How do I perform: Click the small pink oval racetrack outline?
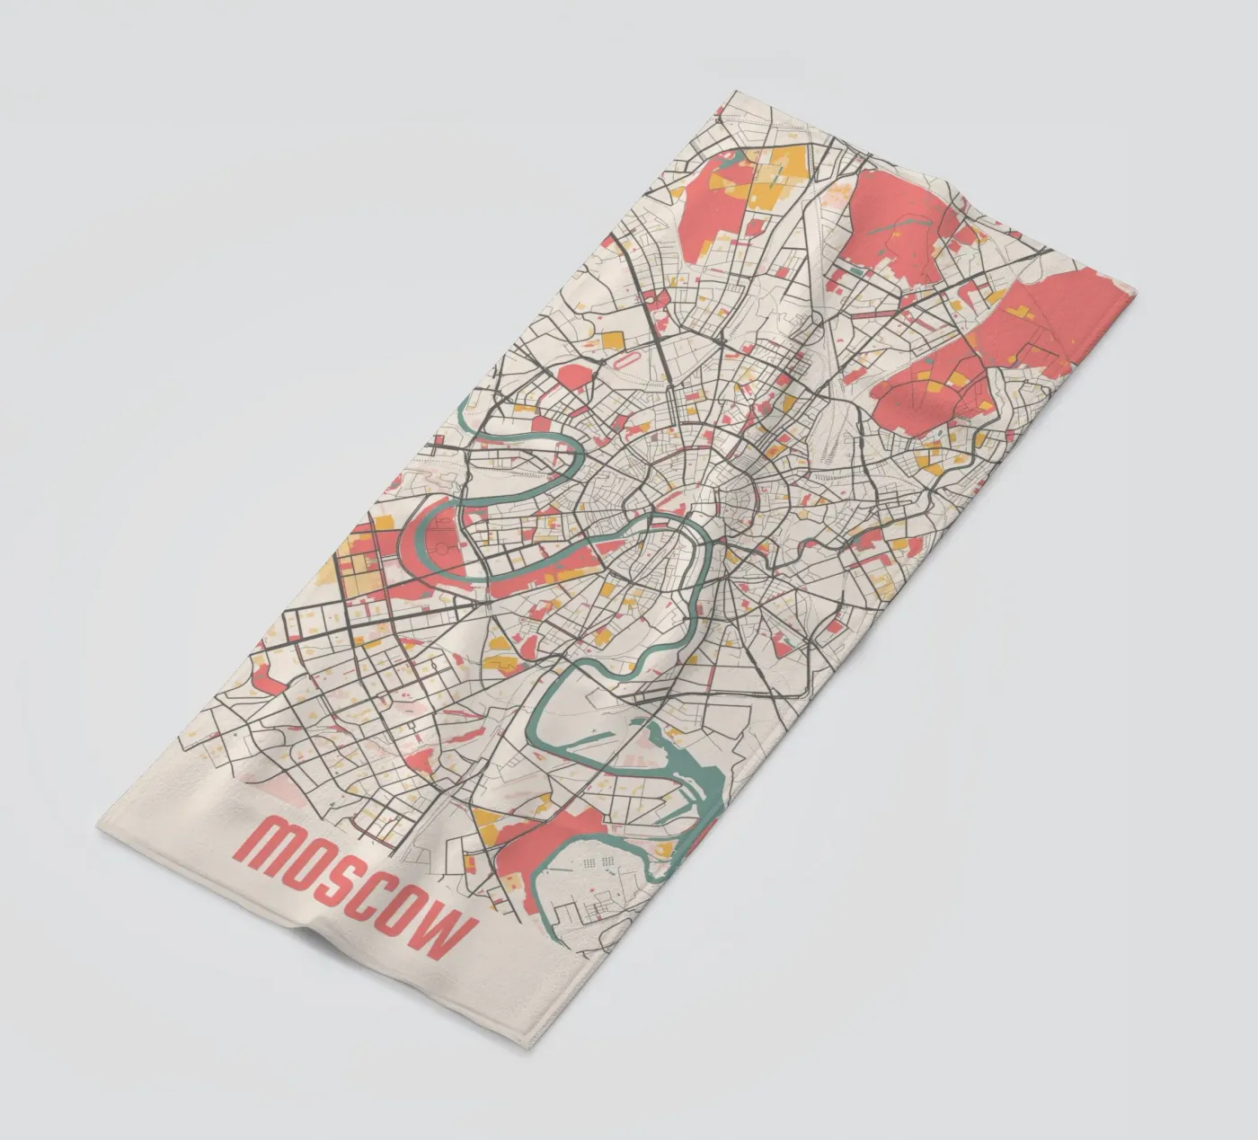pyautogui.click(x=625, y=364)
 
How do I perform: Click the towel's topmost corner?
pyautogui.click(x=734, y=91)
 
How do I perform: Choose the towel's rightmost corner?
pyautogui.click(x=1135, y=292)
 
